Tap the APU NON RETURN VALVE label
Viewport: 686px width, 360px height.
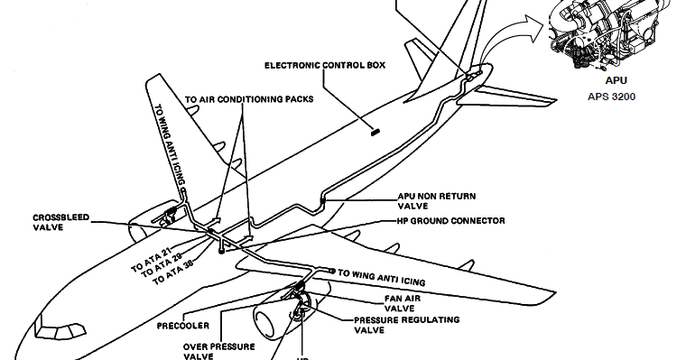coord(436,200)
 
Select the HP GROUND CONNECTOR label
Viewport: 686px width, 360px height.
coord(450,220)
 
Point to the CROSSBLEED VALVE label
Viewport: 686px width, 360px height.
coord(59,223)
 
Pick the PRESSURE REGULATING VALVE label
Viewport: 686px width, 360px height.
coord(406,325)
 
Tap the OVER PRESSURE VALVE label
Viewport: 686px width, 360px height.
coord(218,350)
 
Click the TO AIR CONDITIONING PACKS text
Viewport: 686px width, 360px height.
coord(249,100)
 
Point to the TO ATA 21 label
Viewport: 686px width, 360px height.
coord(150,256)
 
